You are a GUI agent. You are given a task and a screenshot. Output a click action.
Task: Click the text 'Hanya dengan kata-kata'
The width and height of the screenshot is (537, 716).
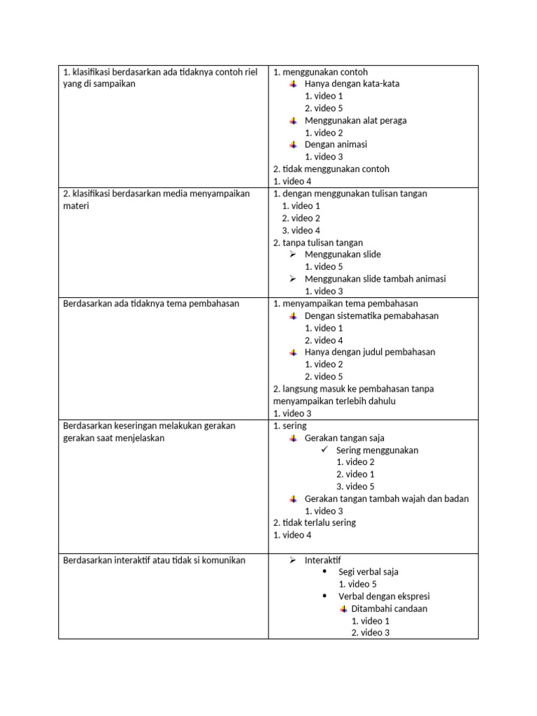352,84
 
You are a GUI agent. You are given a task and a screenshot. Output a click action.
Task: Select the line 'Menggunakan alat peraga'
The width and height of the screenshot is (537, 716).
355,120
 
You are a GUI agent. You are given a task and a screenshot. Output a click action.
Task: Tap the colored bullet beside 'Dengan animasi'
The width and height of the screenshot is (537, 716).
294,145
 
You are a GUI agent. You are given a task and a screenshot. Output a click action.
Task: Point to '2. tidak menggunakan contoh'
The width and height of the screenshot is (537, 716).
331,169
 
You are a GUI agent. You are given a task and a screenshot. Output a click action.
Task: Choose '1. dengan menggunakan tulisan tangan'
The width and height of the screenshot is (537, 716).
350,194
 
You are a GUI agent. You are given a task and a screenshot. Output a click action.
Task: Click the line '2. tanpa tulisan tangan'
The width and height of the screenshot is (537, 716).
317,243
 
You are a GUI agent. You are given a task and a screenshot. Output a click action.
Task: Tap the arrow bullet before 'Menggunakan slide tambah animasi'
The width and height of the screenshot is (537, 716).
294,279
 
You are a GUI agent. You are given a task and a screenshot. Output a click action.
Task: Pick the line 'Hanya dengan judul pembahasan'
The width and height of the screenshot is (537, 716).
369,352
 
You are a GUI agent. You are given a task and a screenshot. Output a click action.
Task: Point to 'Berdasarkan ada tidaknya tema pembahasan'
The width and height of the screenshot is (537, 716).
151,303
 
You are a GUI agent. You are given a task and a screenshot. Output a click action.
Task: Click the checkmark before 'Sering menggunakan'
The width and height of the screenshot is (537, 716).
324,450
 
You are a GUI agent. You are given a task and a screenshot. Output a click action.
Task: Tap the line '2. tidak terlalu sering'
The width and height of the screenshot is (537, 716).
314,523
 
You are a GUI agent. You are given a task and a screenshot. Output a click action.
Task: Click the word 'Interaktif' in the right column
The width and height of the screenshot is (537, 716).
322,561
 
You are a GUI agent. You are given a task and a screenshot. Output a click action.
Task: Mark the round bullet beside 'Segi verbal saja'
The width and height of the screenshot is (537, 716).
324,572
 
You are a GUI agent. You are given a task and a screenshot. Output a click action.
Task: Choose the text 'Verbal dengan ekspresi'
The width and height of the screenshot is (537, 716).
384,596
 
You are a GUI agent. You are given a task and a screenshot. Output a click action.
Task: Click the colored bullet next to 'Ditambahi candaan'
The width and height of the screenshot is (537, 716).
343,609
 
